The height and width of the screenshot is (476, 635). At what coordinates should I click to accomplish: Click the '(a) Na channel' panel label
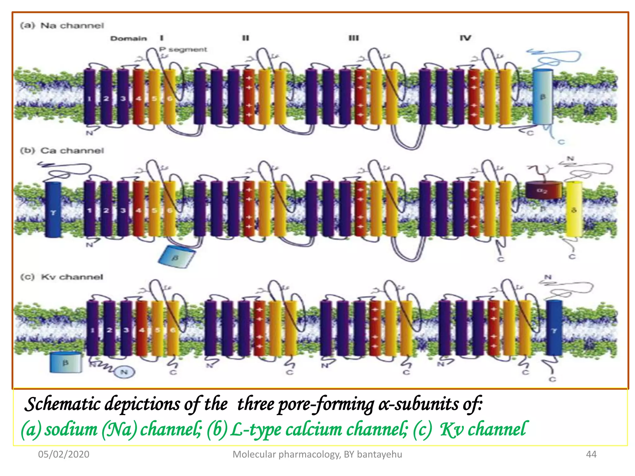pyautogui.click(x=62, y=25)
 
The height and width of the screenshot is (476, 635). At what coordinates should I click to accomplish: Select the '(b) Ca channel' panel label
pyautogui.click(x=62, y=151)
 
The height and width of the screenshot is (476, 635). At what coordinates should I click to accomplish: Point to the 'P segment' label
pyautogui.click(x=183, y=49)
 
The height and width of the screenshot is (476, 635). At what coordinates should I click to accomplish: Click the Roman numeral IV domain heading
pyautogui.click(x=465, y=38)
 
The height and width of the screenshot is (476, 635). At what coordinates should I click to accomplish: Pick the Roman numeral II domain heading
pyautogui.click(x=245, y=38)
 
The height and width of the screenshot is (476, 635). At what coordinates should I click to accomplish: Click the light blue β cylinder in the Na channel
pyautogui.click(x=542, y=97)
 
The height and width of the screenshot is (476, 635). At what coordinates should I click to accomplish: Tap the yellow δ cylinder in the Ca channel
pyautogui.click(x=574, y=210)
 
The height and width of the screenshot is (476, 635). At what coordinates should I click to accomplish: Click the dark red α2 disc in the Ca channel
pyautogui.click(x=543, y=190)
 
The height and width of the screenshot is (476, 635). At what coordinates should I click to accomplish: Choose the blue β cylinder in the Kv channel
pyautogui.click(x=66, y=362)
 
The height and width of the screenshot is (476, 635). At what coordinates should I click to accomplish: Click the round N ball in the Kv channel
pyautogui.click(x=124, y=372)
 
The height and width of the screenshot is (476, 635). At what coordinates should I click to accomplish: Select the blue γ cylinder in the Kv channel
pyautogui.click(x=554, y=328)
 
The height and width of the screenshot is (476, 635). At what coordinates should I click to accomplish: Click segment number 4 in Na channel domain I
pyautogui.click(x=138, y=99)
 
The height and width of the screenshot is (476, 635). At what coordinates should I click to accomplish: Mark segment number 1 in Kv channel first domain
pyautogui.click(x=92, y=330)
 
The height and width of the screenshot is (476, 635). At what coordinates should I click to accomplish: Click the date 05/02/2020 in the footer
pyautogui.click(x=64, y=454)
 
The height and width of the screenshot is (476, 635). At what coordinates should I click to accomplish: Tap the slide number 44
pyautogui.click(x=591, y=454)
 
